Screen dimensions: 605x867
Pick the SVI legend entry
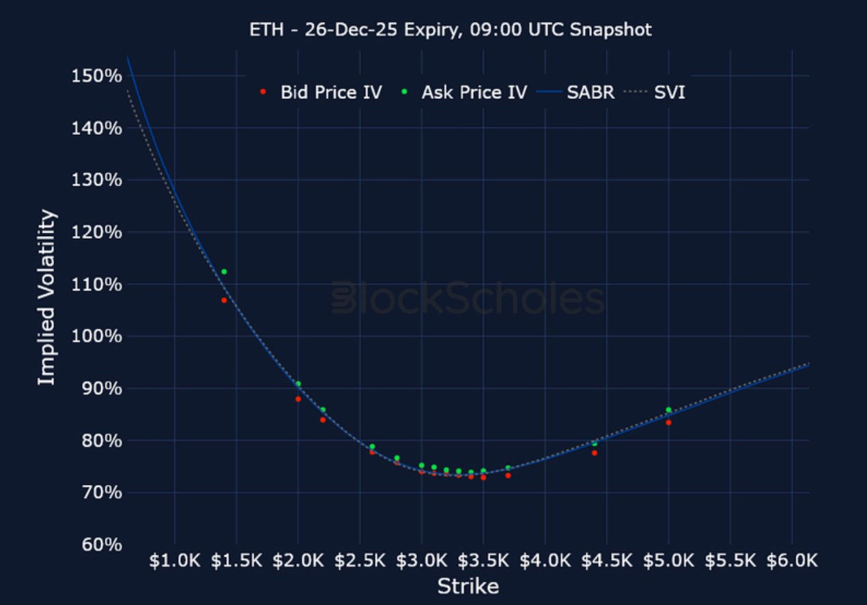click(x=669, y=93)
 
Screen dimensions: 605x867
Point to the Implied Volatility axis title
click(x=46, y=298)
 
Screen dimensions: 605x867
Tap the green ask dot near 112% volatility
click(x=224, y=271)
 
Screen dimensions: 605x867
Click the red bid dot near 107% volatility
click(x=224, y=300)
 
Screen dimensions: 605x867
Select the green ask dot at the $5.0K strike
click(x=668, y=410)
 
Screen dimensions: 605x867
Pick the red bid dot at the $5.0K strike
click(x=668, y=422)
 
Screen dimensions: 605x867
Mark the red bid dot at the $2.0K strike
click(x=298, y=399)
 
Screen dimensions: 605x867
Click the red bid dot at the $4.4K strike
click(x=595, y=453)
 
